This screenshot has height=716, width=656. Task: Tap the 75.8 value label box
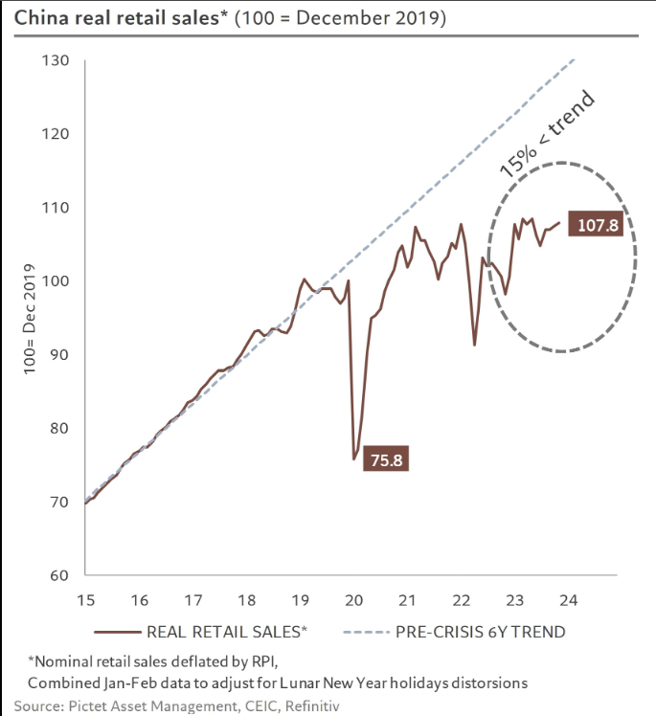click(385, 459)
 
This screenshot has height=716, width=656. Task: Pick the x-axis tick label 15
click(86, 600)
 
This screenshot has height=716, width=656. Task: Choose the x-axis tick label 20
click(353, 600)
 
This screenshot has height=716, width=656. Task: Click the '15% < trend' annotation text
click(548, 135)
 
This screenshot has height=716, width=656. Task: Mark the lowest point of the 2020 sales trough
click(354, 459)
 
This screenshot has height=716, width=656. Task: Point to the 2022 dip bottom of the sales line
click(474, 345)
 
